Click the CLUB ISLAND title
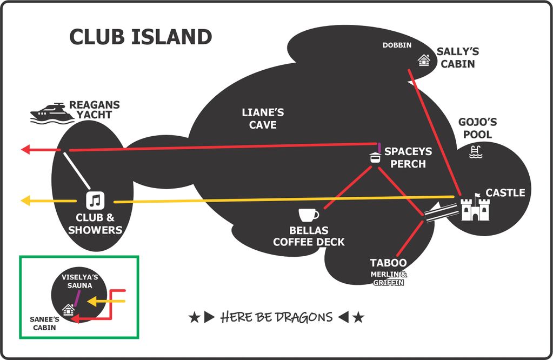pyautogui.click(x=141, y=37)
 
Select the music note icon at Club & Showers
pyautogui.click(x=95, y=201)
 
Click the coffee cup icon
pyautogui.click(x=309, y=215)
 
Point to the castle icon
pyautogui.click(x=475, y=208)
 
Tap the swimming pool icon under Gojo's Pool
pyautogui.click(x=476, y=152)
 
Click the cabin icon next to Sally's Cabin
pyautogui.click(x=424, y=60)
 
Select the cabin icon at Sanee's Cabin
pyautogui.click(x=69, y=310)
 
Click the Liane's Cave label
pyautogui.click(x=263, y=118)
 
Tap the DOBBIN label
pyautogui.click(x=397, y=45)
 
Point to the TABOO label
pyautogui.click(x=388, y=263)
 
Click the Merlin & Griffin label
pyautogui.click(x=389, y=278)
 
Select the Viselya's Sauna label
pyautogui.click(x=79, y=281)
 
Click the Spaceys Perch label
pyautogui.click(x=408, y=157)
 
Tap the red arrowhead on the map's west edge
pyautogui.click(x=26, y=150)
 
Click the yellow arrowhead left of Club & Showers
pyautogui.click(x=26, y=201)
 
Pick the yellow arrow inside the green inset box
pyautogui.click(x=106, y=302)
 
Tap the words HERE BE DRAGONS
pyautogui.click(x=277, y=317)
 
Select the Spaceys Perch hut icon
pyautogui.click(x=375, y=157)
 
